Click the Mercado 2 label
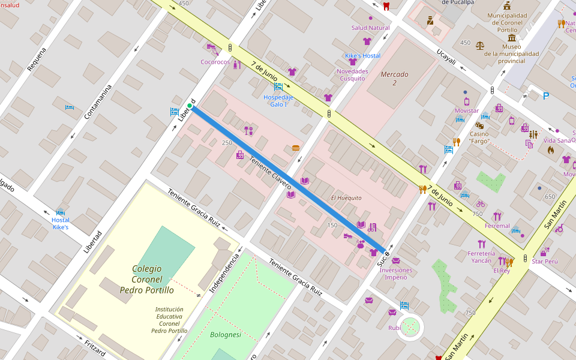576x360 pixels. pyautogui.click(x=394, y=79)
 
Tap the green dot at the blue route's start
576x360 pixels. pyautogui.click(x=190, y=106)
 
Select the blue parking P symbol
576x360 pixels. pyautogui.click(x=546, y=95)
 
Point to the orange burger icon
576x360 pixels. pyautogui.click(x=295, y=148)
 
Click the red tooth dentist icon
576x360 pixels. pyautogui.click(x=386, y=7)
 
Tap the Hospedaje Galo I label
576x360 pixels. pyautogui.click(x=278, y=100)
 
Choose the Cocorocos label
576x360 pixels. pyautogui.click(x=215, y=62)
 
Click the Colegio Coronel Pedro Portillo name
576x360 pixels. pyautogui.click(x=147, y=280)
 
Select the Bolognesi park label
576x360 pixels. pyautogui.click(x=226, y=335)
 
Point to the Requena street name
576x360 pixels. pyautogui.click(x=37, y=59)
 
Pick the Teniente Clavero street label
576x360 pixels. pyautogui.click(x=270, y=170)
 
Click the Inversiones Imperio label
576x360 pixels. pyautogui.click(x=397, y=274)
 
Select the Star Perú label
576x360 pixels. pyautogui.click(x=545, y=262)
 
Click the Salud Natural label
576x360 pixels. pyautogui.click(x=370, y=28)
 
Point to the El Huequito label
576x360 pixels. pyautogui.click(x=346, y=197)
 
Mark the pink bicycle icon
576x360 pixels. pyautogui.click(x=480, y=204)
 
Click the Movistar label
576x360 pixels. pyautogui.click(x=466, y=111)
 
